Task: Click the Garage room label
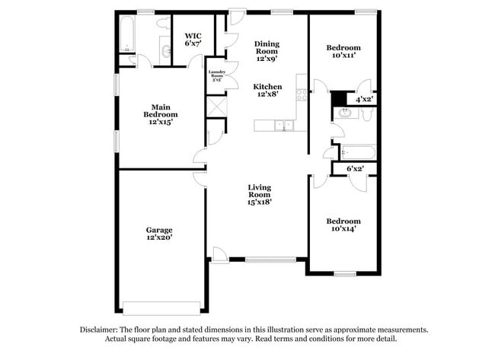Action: point(159,234)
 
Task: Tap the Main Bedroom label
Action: point(159,114)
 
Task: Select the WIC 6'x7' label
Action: point(192,40)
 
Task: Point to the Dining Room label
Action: point(267,52)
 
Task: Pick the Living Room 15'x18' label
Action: point(260,194)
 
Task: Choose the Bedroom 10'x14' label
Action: point(343,225)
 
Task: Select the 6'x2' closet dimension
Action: point(356,168)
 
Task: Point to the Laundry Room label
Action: point(216,77)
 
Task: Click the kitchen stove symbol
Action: point(301,95)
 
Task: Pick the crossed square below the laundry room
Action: point(216,106)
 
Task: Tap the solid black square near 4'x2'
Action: point(337,97)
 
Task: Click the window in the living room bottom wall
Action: point(270,260)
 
